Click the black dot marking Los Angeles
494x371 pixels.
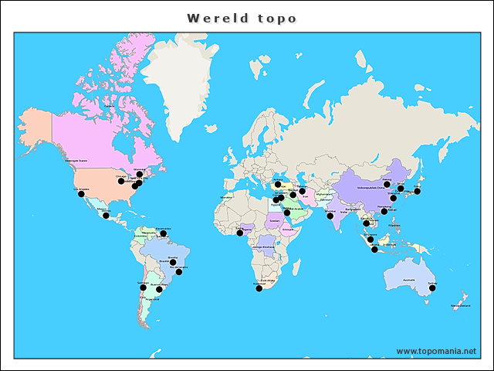[81, 194]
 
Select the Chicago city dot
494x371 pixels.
[121, 181]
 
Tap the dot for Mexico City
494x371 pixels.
[106, 216]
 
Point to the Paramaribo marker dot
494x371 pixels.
[163, 233]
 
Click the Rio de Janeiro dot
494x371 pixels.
[179, 272]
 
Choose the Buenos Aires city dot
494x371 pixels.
[159, 289]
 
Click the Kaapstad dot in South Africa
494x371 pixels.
[259, 288]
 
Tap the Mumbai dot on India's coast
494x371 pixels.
[330, 216]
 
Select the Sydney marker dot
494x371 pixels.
[433, 288]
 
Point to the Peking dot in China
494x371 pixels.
[387, 184]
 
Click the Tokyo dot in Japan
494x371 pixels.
[418, 189]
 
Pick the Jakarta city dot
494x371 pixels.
[374, 250]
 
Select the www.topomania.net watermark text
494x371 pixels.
[436, 351]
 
